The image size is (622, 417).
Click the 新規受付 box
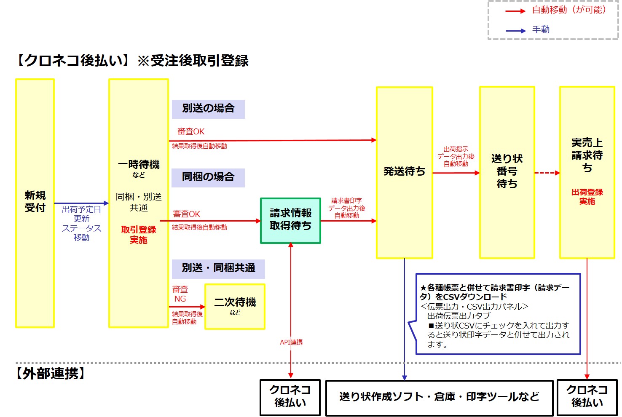pyautogui.click(x=35, y=203)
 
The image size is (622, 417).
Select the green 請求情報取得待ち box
pyautogui.click(x=290, y=220)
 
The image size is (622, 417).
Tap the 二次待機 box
pyautogui.click(x=235, y=306)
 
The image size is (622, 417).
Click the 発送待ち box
pyautogui.click(x=404, y=172)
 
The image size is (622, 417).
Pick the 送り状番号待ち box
pyautogui.click(x=507, y=172)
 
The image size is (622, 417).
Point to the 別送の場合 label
pyautogui.click(x=208, y=109)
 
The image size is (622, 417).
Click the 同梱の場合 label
pyautogui.click(x=208, y=177)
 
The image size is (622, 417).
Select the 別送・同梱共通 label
pyautogui.click(x=218, y=268)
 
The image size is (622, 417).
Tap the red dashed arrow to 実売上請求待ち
pyautogui.click(x=547, y=173)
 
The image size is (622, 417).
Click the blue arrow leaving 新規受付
pyautogui.click(x=81, y=203)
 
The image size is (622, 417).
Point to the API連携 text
pyautogui.click(x=291, y=342)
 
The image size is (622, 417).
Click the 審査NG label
pyautogui.click(x=180, y=294)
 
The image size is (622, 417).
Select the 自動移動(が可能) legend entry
pyautogui.click(x=568, y=10)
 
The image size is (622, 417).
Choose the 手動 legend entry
pyautogui.click(x=541, y=30)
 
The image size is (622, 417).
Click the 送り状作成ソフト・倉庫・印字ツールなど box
pyautogui.click(x=439, y=397)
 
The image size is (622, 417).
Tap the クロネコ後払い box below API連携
pyautogui.click(x=290, y=397)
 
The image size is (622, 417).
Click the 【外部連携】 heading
pyautogui.click(x=51, y=374)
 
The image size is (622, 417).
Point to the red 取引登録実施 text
pyautogui.click(x=139, y=235)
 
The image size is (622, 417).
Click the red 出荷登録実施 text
pyautogui.click(x=587, y=197)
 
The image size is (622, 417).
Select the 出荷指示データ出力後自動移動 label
pyautogui.click(x=456, y=157)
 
